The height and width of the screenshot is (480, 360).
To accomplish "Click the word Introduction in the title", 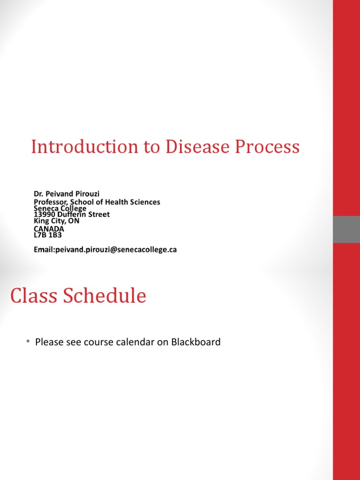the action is point(85,147).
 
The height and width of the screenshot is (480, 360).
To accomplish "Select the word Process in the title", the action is point(267,147).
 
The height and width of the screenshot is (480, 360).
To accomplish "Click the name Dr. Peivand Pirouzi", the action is point(67,194).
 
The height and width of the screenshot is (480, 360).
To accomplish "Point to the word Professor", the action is point(51,202).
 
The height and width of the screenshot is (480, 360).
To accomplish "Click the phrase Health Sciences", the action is point(133,202).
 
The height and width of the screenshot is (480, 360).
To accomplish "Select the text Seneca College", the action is point(60,209).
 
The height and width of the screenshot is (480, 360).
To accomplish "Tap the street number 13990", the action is point(45,214).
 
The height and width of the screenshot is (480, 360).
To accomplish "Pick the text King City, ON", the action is point(56,221).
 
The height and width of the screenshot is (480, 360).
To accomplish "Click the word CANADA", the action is point(49,229).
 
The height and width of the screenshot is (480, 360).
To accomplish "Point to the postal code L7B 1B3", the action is point(48,235).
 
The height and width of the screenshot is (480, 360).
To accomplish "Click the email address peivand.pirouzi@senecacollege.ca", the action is point(116,249).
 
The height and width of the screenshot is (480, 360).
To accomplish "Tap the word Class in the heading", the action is point(34,296).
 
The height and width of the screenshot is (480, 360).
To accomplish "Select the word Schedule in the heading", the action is point(105,296).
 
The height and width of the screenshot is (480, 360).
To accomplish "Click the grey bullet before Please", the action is point(28,341).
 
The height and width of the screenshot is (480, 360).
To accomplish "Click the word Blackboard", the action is point(196,342).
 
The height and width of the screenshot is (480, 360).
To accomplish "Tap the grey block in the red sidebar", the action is point(346,229).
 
